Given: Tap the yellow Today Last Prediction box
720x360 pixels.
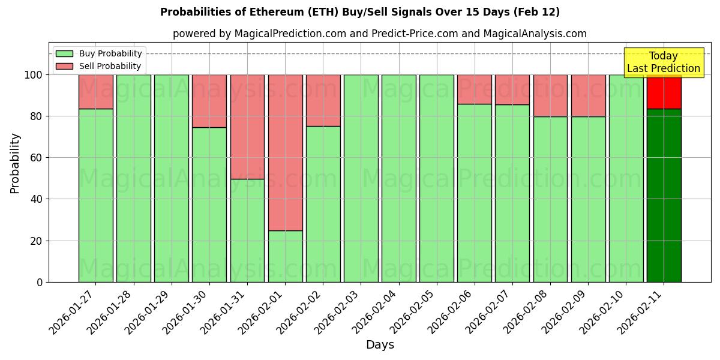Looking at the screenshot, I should pos(664,62).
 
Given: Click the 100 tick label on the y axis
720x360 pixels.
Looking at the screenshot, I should pos(34,75).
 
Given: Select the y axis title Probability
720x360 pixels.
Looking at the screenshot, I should pos(15,163).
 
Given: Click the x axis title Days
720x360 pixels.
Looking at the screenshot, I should pos(380,345).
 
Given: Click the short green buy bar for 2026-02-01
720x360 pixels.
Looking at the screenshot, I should pos(285,256).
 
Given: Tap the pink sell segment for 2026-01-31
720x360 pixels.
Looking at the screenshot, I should pos(247,127).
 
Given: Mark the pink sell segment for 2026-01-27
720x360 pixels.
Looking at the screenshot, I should pos(95,92).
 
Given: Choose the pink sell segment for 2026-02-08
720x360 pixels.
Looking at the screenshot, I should pos(550,95).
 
